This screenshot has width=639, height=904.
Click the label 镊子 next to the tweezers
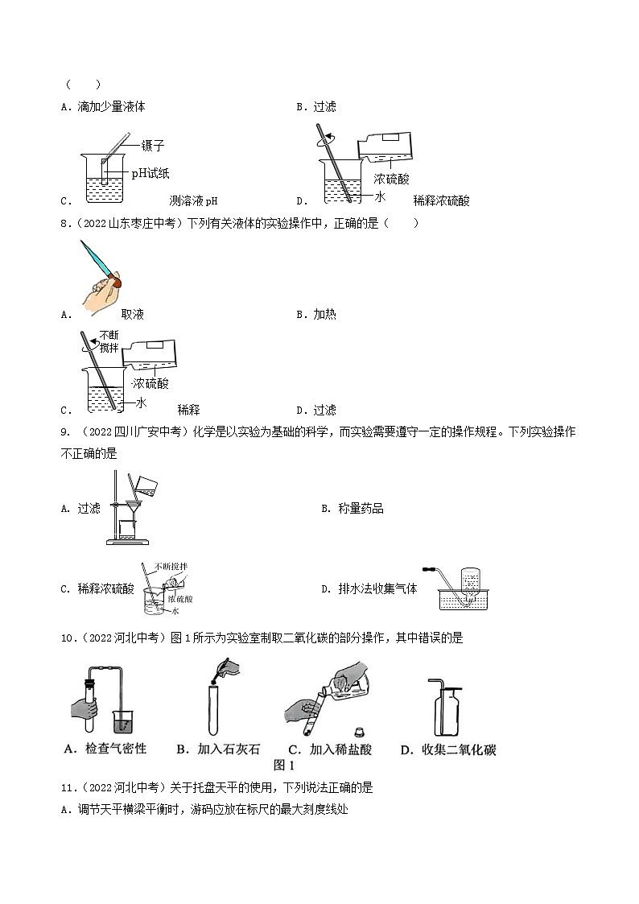pos(153,146)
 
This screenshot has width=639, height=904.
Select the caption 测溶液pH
pos(194,200)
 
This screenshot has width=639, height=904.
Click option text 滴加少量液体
pos(111,106)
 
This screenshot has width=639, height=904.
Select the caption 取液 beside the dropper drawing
pos(132,314)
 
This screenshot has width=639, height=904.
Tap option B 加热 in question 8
pos(324,314)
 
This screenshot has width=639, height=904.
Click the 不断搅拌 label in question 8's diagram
pos(109,341)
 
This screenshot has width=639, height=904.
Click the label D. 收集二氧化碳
pos(447,749)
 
